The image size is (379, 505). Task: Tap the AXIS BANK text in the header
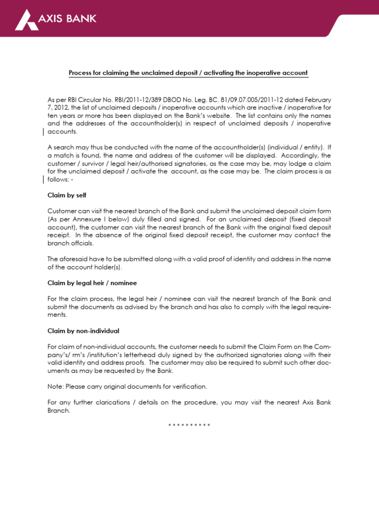tap(67, 19)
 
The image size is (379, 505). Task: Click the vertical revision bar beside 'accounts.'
tap(44, 132)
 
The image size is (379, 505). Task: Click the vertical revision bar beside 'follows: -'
tap(44, 179)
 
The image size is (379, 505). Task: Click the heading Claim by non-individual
tap(83, 330)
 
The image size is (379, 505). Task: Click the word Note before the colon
tap(54, 386)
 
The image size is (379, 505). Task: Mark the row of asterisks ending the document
tap(189, 425)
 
